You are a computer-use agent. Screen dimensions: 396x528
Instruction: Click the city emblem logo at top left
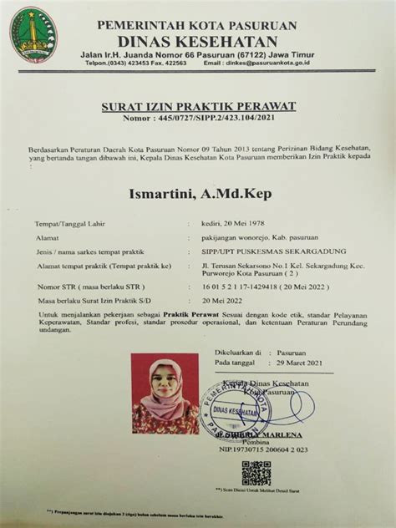tap(33, 34)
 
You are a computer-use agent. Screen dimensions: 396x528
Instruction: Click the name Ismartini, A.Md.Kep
tap(198, 195)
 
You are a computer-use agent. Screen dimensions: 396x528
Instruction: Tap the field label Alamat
tap(47, 238)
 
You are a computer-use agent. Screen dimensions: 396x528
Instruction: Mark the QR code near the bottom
tap(256, 474)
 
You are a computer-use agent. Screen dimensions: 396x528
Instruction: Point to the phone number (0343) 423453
tap(125, 63)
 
